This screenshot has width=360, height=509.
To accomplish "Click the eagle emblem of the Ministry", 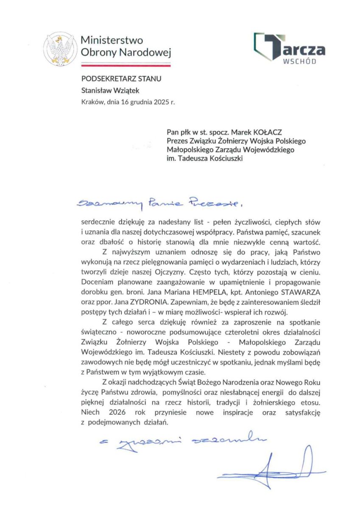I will pos(59,50).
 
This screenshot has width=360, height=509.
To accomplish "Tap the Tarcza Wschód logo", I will pos(289,48).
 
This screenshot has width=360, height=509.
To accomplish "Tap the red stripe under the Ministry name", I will pos(126,65).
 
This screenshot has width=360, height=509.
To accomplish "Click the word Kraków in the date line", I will pos(92,102).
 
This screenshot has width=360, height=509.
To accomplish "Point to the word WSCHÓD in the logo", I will pos(299,61).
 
